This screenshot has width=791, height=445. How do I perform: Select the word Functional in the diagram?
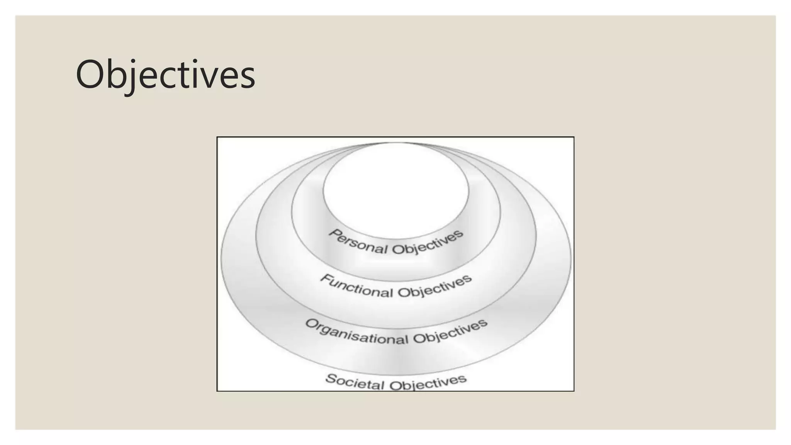click(x=356, y=286)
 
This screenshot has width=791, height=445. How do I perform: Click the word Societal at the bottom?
click(x=355, y=382)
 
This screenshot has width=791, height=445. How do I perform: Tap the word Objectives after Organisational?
click(x=450, y=332)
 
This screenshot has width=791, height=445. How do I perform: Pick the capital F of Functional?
click(x=327, y=279)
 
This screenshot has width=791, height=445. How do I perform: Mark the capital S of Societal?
click(x=331, y=378)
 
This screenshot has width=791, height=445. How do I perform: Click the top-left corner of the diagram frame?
click(x=217, y=137)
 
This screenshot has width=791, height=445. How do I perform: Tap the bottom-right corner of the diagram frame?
click(x=574, y=391)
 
